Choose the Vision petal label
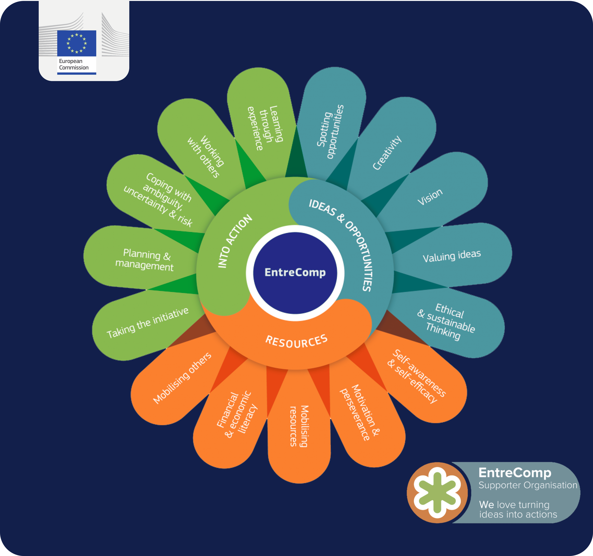(x=430, y=197)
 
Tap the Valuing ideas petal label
(x=452, y=256)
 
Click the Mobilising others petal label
(x=182, y=378)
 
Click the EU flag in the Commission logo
(x=77, y=43)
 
